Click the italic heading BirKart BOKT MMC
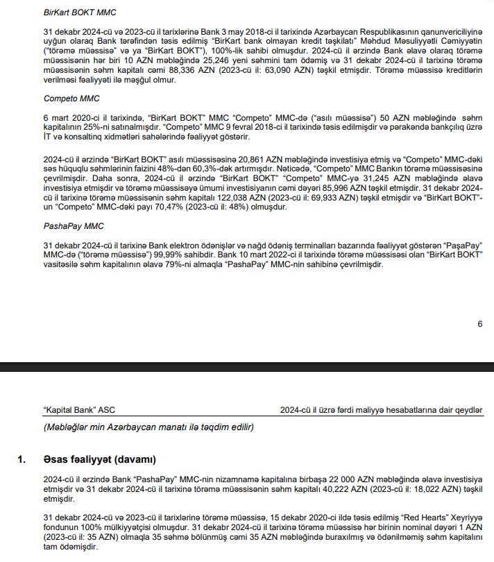coord(80,12)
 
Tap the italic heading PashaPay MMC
coord(74,226)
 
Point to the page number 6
coord(479,323)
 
